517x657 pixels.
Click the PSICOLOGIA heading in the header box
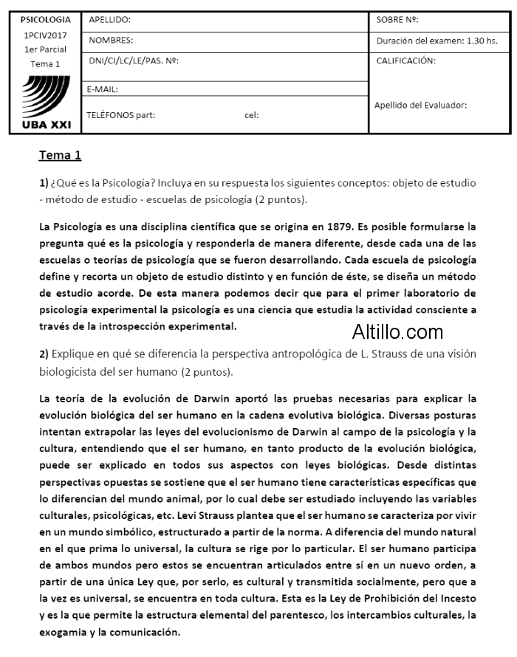coord(46,20)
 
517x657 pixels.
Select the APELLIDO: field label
coord(109,20)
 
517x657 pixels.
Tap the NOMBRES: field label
coord(111,41)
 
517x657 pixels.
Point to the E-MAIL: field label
coord(103,89)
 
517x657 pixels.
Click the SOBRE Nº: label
coord(397,20)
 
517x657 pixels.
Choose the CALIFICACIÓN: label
coord(405,61)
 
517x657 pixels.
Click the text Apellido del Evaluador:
coord(420,105)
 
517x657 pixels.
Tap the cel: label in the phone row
coord(251,115)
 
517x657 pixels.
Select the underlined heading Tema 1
coord(60,155)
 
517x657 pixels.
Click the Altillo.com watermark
coord(397,331)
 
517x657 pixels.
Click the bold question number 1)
coord(44,182)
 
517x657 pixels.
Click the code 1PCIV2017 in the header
coord(45,35)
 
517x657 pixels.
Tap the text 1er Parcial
coord(45,49)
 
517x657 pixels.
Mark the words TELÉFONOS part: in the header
coord(120,115)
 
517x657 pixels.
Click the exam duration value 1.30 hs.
coord(482,41)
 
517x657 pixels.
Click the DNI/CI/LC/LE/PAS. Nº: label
coord(134,61)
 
